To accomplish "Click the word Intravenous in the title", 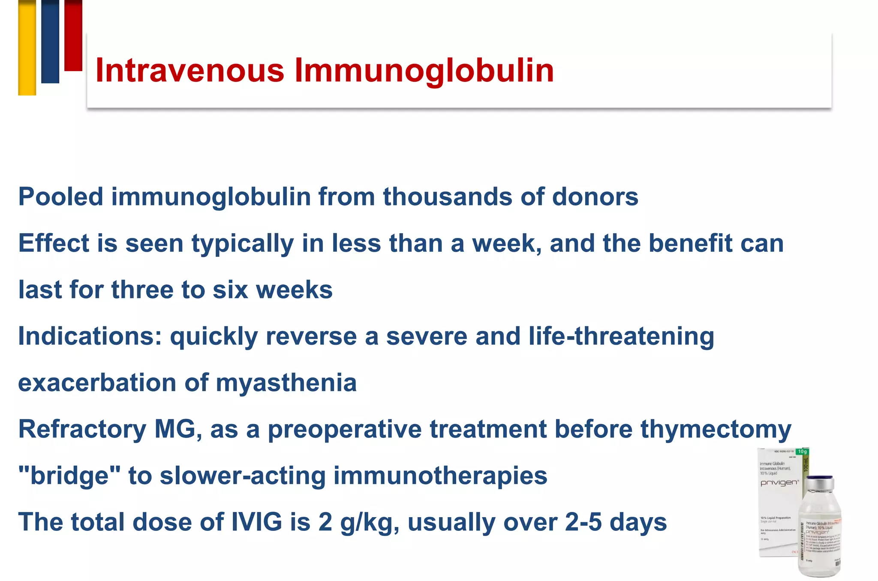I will (189, 70).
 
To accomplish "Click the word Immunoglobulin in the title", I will (424, 70).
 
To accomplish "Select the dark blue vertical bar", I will (50, 41).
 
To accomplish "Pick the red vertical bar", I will (73, 35).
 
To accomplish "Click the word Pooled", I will (60, 197).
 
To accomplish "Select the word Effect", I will (53, 244).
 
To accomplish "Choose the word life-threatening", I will (621, 337).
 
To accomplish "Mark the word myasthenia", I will (286, 383).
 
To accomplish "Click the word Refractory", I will (82, 429).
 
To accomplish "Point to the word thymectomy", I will (716, 429).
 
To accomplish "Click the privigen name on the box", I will (779, 483).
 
